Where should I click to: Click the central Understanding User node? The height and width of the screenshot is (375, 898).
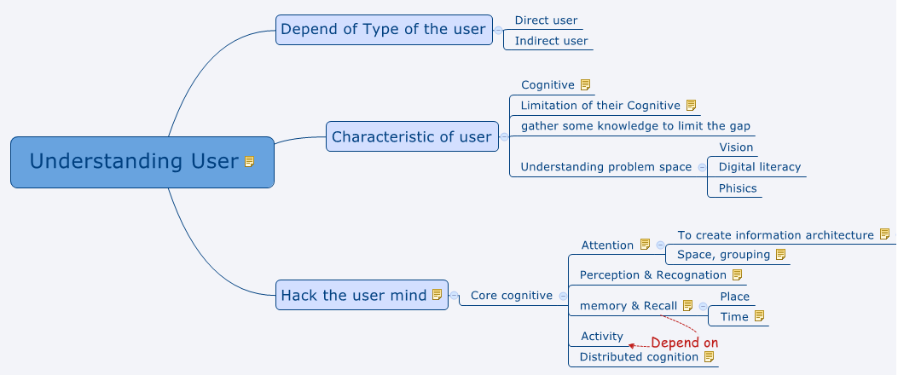pos(134,161)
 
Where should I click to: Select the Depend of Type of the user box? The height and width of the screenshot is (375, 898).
pos(383,29)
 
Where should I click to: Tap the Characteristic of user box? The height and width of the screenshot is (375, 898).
pos(411,136)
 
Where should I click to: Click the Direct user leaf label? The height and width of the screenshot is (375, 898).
pos(546,20)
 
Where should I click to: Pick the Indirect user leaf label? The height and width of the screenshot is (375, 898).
pos(551,40)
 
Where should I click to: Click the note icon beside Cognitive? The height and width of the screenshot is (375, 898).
pos(585,84)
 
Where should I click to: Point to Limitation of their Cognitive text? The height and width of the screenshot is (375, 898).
pos(600,105)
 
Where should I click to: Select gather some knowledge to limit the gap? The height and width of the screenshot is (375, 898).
pos(635,125)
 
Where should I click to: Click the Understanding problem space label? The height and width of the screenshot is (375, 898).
pos(605,166)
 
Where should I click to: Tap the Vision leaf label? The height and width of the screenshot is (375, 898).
pos(736,147)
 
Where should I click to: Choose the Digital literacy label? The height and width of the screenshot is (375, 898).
pos(759,166)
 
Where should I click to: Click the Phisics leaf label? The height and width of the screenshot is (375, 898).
pos(738,187)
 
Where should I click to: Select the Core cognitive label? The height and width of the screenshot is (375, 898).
pos(511,295)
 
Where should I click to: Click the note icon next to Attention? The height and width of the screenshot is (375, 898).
pos(645,245)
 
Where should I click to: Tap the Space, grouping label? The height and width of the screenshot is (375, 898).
pos(723,254)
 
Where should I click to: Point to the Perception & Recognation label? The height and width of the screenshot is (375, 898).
pos(652,274)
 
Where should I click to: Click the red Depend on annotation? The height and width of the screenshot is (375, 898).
pos(684,343)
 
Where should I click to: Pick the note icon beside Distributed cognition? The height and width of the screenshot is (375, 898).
pos(709,356)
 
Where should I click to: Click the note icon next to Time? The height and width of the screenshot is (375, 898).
pos(759,316)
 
